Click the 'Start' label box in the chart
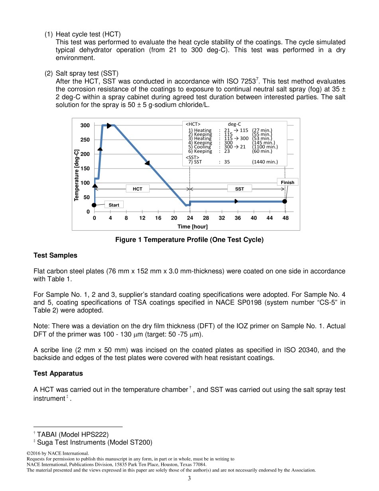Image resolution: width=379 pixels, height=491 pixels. [x=114, y=205]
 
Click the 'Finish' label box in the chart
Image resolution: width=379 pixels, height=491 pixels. [x=287, y=182]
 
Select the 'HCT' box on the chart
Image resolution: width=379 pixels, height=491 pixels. [x=138, y=189]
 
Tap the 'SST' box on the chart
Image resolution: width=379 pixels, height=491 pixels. [x=239, y=189]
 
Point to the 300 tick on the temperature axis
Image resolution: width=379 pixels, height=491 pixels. [x=85, y=125]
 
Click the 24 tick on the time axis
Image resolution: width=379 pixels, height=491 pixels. [x=190, y=218]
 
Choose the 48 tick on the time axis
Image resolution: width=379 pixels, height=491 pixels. [x=285, y=218]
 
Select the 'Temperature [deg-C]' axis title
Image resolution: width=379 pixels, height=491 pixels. [x=76, y=175]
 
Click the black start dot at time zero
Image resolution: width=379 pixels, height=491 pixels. [x=94, y=205]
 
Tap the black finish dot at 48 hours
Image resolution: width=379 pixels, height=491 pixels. [x=284, y=201]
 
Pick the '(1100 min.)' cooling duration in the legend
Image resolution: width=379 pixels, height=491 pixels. [x=265, y=147]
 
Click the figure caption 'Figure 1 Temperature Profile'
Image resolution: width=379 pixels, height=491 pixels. [x=189, y=240]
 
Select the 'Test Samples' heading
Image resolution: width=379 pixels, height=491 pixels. [x=55, y=255]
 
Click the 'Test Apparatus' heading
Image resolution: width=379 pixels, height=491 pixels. [x=58, y=374]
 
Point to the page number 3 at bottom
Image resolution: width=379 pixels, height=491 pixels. [x=189, y=479]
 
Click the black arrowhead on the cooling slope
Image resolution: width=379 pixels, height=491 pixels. [x=147, y=163]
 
